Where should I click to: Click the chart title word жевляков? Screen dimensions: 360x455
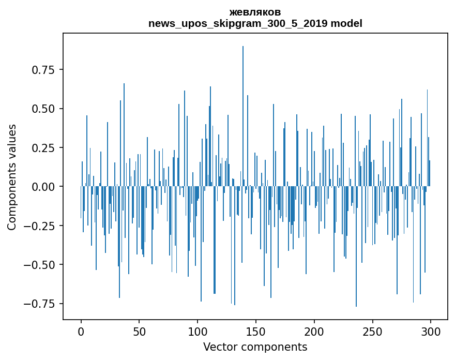pos(255,12)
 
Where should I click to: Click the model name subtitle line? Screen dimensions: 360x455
pos(255,23)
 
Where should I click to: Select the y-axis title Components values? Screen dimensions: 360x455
pos(12,177)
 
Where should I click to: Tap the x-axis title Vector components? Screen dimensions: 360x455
pos(255,347)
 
